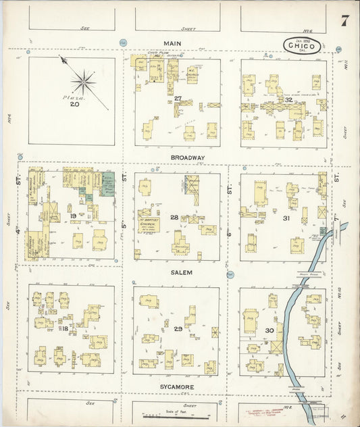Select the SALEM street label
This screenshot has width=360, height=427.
182,272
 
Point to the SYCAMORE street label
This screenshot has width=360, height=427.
177,387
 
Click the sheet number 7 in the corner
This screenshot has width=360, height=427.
344,20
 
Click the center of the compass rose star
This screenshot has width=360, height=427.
83,82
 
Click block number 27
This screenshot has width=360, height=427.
178,99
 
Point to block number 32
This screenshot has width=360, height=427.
288,99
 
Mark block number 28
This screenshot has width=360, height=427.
174,217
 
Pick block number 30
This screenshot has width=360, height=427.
269,330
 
